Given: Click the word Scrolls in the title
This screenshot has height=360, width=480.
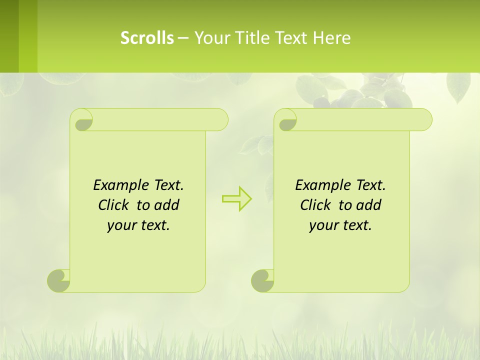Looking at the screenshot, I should coord(147,38).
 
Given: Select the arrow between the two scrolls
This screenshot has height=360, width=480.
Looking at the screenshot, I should coord(236,199).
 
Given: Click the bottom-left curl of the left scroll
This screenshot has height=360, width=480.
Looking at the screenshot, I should coord(59,280).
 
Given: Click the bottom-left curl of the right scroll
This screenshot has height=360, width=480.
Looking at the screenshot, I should coord(263,280).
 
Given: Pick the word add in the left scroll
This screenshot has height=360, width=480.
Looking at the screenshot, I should coord(166,205).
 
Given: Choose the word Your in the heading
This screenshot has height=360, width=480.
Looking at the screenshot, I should coord(210,38).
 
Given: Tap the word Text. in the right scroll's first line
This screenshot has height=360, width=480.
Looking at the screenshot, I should coord(370,185).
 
